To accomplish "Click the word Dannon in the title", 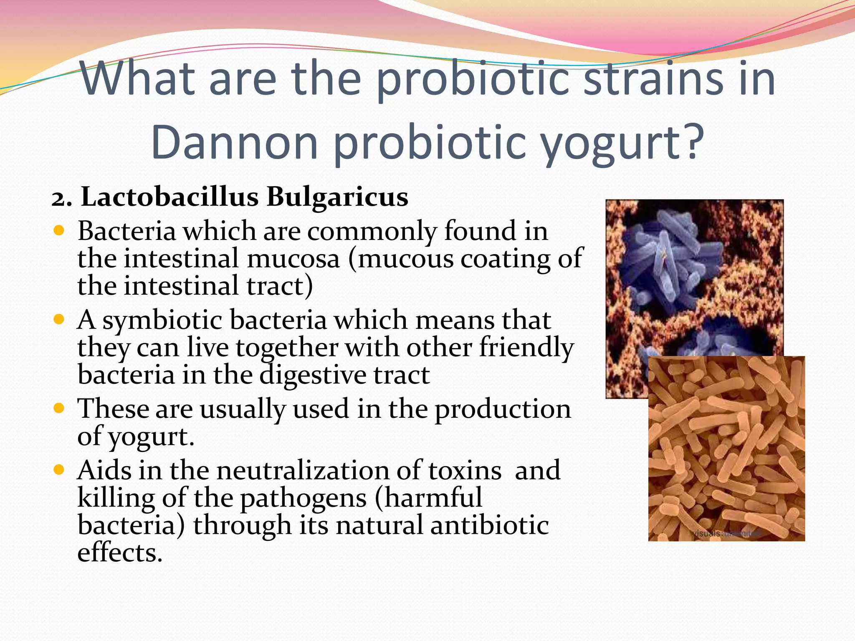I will pos(235,143).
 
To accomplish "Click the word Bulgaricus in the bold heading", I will pos(337,197).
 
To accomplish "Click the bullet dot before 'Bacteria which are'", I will pos(59,231).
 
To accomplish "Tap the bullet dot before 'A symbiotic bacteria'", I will pos(59,320).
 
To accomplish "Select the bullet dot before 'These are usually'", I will pos(59,408).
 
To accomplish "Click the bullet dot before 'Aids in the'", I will pos(59,470).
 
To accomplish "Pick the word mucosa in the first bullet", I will pos(293,259).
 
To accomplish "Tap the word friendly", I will pos(526,347).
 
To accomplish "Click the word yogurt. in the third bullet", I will pos(151,437).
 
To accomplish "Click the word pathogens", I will pos(304,498).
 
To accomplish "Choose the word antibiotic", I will pos(489,525).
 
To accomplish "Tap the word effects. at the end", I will pos(120,553).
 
